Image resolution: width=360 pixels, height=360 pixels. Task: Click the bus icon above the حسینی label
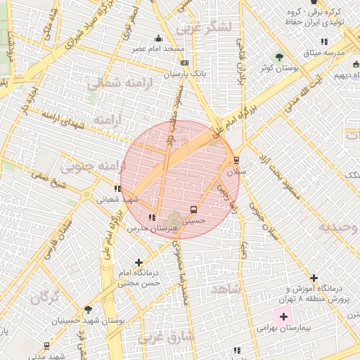(193, 210)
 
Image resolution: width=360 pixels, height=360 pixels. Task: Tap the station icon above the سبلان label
(236, 160)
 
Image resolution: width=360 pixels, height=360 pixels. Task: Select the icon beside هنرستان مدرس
(153, 217)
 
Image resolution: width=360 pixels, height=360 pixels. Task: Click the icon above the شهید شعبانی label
(117, 188)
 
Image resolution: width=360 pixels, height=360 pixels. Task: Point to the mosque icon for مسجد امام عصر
(159, 39)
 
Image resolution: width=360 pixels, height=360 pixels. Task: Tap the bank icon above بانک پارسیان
(184, 63)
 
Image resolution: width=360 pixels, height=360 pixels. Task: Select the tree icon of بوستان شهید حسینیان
(88, 310)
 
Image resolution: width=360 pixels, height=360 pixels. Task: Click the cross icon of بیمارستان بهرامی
(283, 318)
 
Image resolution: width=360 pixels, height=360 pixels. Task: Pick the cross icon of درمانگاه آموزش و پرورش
(314, 278)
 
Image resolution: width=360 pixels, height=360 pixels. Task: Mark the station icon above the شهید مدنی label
(46, 345)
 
